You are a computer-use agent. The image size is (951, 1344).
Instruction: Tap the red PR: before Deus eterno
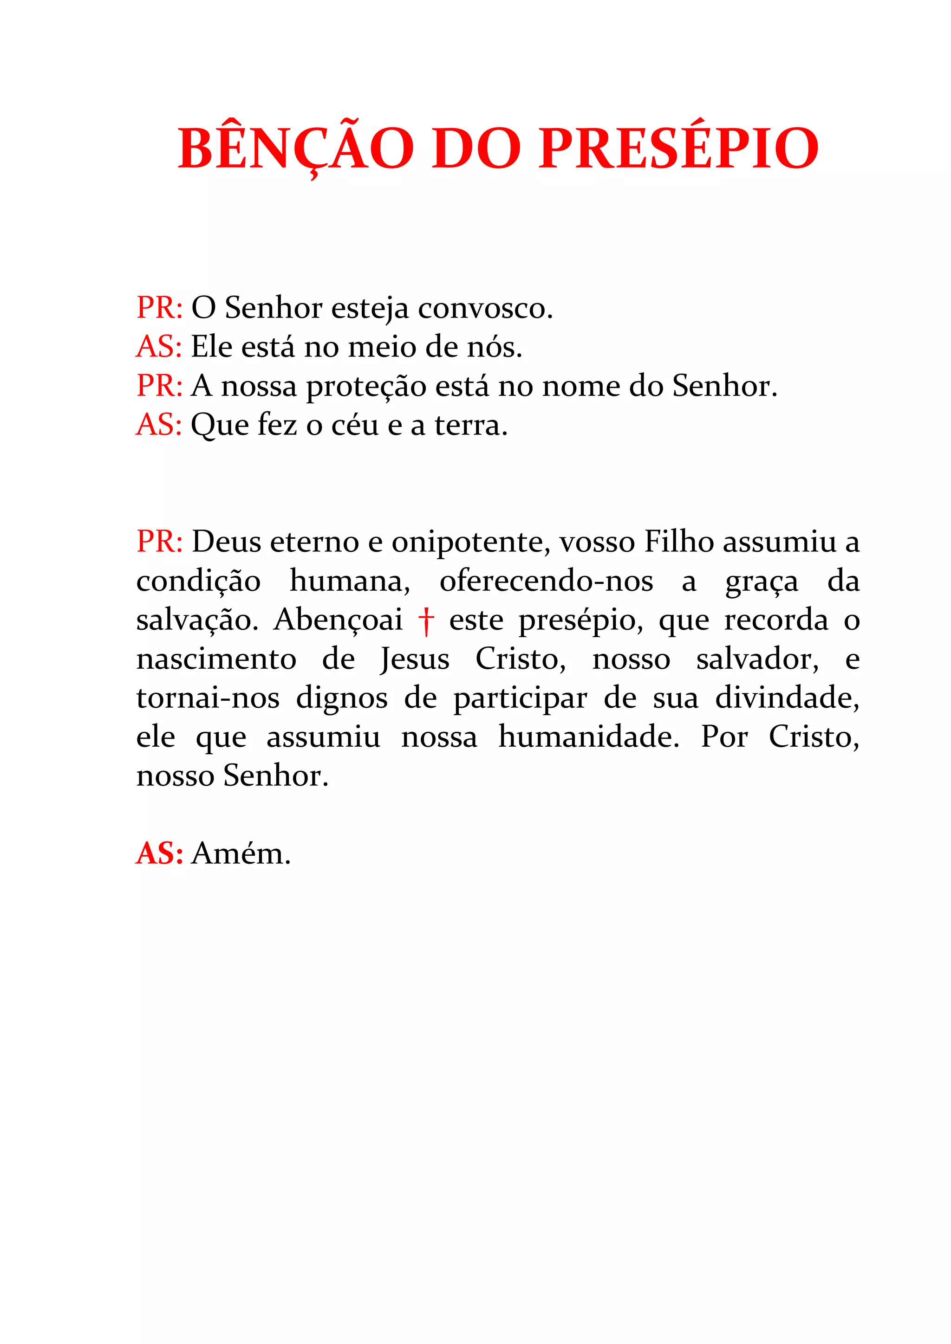point(159,542)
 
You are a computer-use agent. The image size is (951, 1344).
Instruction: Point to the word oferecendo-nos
point(546,581)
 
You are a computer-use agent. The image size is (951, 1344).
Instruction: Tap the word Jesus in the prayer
point(415,660)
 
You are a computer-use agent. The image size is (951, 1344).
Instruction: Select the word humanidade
point(588,737)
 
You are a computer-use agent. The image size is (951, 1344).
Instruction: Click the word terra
point(470,426)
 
